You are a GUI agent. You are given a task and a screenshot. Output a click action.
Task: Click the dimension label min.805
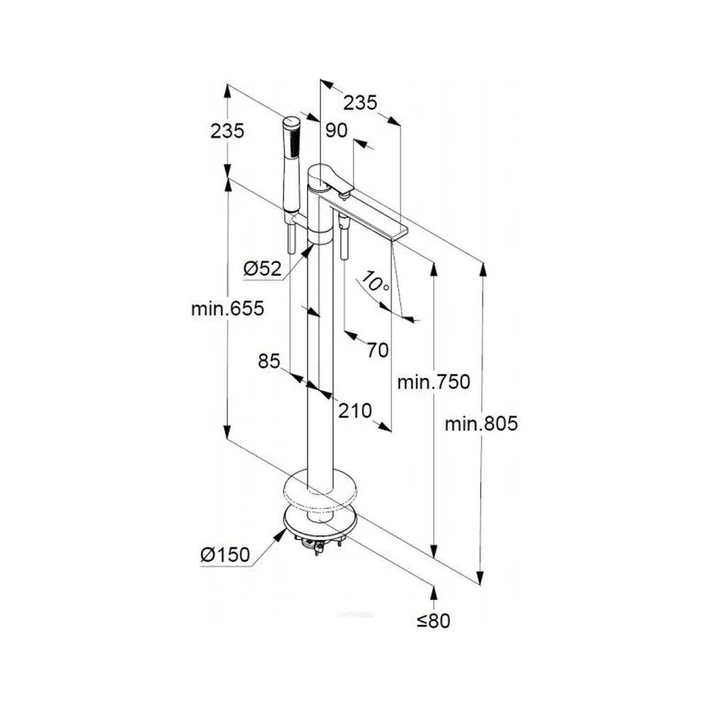click(481, 424)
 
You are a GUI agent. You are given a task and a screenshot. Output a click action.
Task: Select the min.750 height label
click(434, 382)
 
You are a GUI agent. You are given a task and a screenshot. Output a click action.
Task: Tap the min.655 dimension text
click(228, 308)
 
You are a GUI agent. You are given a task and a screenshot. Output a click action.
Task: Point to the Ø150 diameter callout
click(225, 554)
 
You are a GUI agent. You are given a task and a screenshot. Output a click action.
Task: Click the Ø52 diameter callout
click(262, 269)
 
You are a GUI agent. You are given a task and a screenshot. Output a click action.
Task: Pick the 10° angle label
click(375, 281)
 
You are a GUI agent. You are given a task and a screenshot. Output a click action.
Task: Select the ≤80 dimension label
click(433, 621)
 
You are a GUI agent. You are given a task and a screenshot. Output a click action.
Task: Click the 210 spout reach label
click(355, 411)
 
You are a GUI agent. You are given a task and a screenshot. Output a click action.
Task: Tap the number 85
click(269, 362)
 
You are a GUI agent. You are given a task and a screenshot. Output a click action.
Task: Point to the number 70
click(378, 350)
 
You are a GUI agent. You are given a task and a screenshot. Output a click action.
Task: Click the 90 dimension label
click(337, 130)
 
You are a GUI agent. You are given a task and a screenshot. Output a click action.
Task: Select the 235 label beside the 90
click(360, 103)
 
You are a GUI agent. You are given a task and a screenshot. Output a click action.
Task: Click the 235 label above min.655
click(227, 130)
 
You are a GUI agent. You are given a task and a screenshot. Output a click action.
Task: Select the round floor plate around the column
click(320, 491)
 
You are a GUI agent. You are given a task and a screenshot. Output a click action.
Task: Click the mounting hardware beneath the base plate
click(319, 542)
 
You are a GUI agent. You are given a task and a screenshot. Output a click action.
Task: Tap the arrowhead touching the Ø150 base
click(281, 534)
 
